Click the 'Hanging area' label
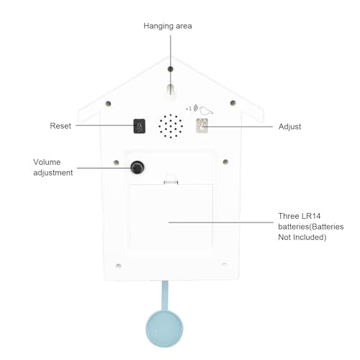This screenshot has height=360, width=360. click(x=168, y=26)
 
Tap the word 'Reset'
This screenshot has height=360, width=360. click(x=60, y=126)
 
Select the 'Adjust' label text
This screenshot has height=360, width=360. click(x=289, y=127)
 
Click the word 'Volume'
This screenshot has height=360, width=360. click(x=47, y=162)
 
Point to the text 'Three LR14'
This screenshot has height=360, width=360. click(x=300, y=216)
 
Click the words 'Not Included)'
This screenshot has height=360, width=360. click(x=302, y=237)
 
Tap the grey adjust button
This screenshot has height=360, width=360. click(x=202, y=125)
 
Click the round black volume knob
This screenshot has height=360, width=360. click(x=138, y=167)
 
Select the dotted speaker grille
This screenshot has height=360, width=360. click(x=171, y=126)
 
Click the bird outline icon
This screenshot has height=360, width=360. click(x=206, y=110)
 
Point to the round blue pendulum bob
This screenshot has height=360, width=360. click(x=164, y=329)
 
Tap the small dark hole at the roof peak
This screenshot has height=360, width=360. click(x=171, y=69)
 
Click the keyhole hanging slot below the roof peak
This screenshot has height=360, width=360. click(x=171, y=90)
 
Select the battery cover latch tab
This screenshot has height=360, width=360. click(x=171, y=181)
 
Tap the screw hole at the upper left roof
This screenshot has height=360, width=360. click(x=108, y=104)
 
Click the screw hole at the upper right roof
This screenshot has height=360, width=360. click(x=233, y=103)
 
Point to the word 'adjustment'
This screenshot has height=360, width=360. click(x=53, y=173)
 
